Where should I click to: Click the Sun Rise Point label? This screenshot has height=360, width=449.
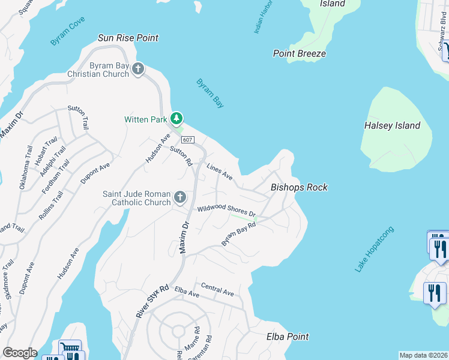click(x=128, y=38)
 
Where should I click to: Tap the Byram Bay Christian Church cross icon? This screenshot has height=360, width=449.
click(x=138, y=69)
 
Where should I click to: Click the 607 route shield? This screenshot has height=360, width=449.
click(x=187, y=140)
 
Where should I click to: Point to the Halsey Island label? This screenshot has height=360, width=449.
click(x=392, y=125)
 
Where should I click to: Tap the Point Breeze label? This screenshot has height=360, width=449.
click(x=299, y=53)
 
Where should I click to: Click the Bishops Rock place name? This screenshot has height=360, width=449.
click(x=299, y=187)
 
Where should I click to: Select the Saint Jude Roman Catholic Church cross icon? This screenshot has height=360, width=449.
click(x=179, y=197)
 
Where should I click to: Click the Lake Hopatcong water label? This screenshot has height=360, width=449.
click(x=375, y=250)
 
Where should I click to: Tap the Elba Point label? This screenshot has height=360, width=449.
click(x=288, y=337)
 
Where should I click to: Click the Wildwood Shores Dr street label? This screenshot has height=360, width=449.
click(x=226, y=210)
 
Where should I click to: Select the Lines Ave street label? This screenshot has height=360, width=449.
click(x=219, y=172)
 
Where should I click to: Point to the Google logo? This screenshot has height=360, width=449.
click(x=20, y=353)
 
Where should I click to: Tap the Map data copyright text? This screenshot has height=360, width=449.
click(x=424, y=355)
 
